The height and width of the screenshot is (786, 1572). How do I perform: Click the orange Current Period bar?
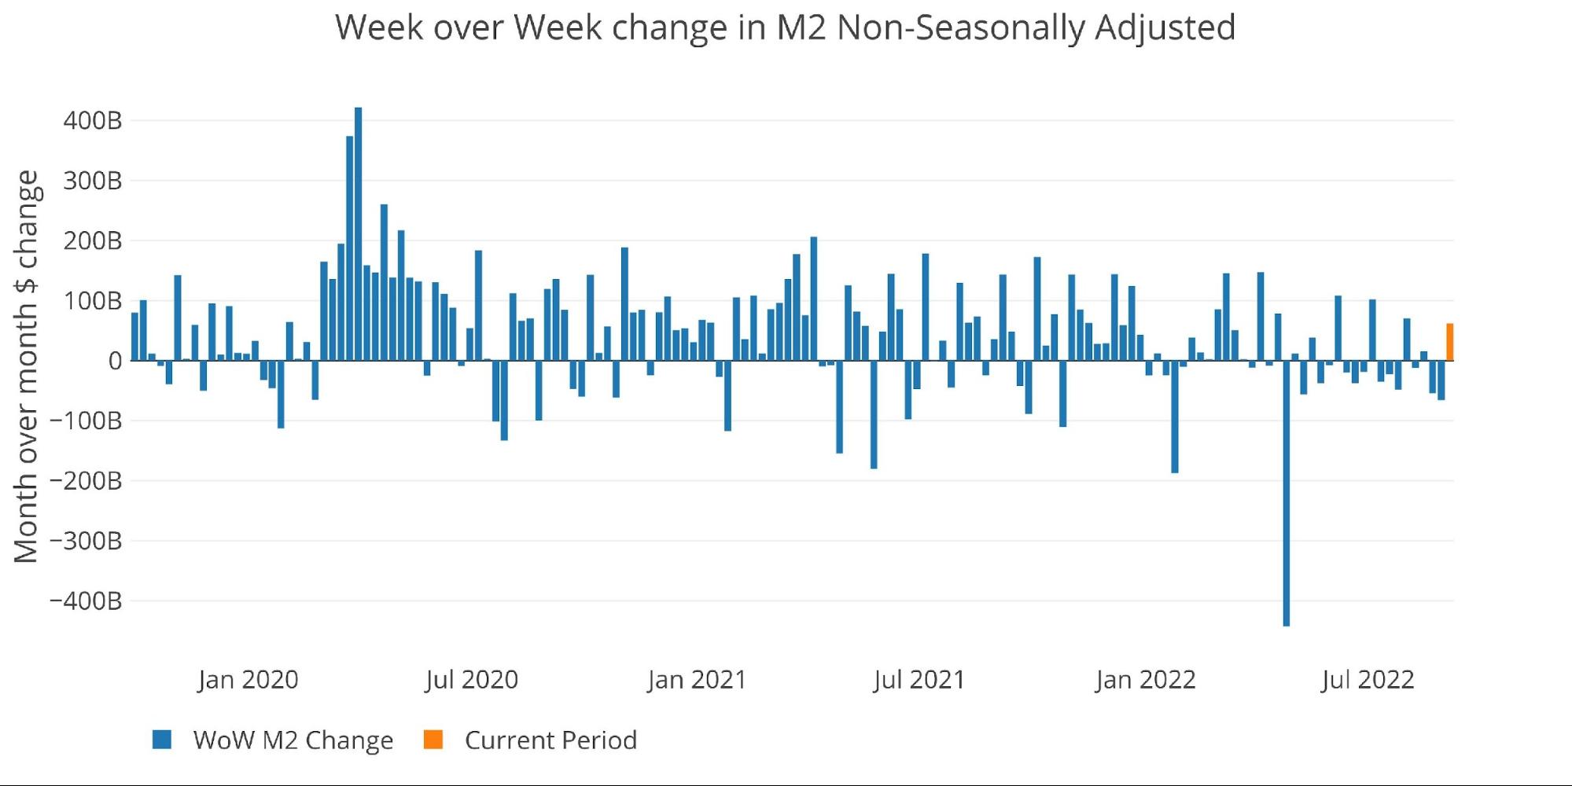(1449, 342)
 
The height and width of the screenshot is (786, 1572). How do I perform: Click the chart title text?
(785, 28)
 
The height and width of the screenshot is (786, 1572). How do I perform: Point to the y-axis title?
(26, 366)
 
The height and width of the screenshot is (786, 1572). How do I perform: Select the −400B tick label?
(86, 601)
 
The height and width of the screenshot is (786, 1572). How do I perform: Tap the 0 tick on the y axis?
(115, 361)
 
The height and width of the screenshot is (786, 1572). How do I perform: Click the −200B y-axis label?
(86, 481)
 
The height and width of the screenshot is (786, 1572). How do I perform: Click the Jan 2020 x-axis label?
(248, 679)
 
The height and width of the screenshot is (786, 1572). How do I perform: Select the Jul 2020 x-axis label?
(472, 679)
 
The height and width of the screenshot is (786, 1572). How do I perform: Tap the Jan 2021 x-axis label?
(697, 679)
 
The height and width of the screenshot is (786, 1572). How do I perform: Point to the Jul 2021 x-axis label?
(919, 679)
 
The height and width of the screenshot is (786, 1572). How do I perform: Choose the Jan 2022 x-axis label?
(1145, 679)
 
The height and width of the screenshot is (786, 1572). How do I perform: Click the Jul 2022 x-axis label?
(1368, 679)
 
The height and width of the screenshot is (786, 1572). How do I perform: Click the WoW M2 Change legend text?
(293, 740)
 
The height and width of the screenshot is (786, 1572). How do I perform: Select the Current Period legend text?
(550, 740)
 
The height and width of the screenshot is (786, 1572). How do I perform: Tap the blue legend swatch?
(162, 740)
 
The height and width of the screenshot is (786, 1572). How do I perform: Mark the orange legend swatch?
(433, 740)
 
